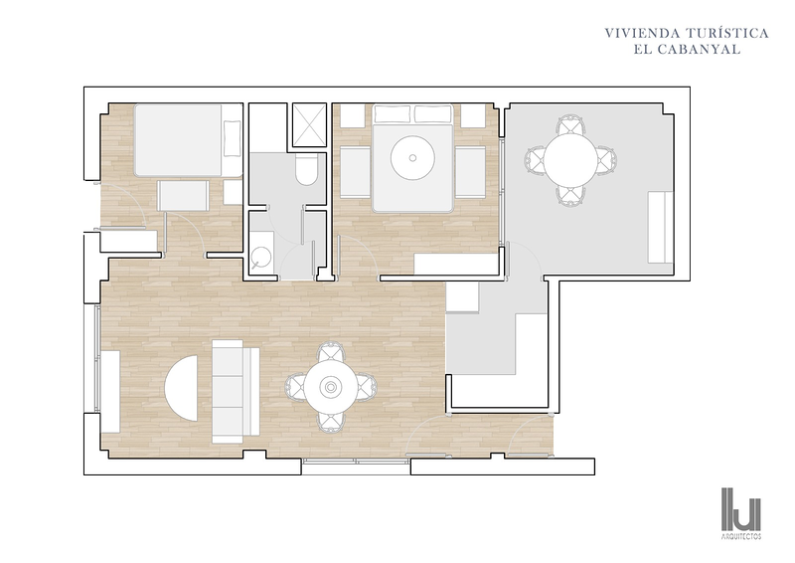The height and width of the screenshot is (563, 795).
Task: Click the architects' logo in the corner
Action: pos(741,512)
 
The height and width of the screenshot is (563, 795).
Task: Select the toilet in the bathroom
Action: pos(306,168)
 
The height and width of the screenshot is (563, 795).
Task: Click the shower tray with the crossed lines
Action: pos(309,125)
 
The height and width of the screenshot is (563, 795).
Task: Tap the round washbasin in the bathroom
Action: pos(261,258)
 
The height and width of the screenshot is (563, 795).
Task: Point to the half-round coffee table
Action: pos(181,388)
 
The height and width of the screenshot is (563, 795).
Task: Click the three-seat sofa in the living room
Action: pos(236,391)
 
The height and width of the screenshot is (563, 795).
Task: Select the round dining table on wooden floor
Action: pos(331,388)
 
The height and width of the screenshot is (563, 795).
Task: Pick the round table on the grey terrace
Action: pos(570,160)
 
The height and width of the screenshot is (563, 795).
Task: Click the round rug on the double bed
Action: pos(412,157)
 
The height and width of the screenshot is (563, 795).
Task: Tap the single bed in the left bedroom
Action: pos(188,140)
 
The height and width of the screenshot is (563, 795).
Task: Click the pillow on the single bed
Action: pos(233,138)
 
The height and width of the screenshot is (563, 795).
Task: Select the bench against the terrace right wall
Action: pos(660,228)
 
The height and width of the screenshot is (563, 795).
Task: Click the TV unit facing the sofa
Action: pos(110,391)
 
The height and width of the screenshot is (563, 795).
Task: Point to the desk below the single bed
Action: pos(183,195)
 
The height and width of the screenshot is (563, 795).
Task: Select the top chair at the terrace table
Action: pos(570,125)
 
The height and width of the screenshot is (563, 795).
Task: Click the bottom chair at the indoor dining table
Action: pos(331,422)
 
